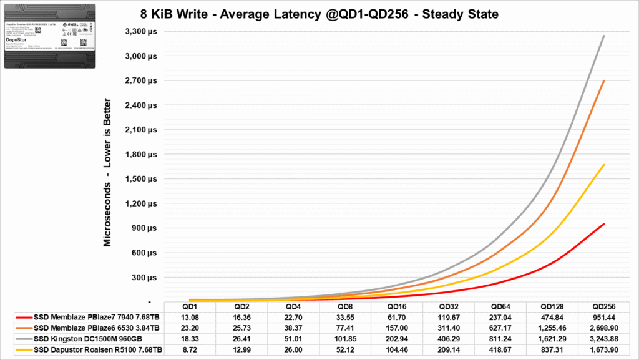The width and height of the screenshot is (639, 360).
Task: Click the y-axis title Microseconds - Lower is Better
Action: point(108,172)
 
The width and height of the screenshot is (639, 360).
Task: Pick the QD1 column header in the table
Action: point(190,307)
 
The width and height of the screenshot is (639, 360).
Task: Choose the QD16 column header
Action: point(396,307)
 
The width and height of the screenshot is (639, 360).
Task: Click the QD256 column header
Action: point(603,307)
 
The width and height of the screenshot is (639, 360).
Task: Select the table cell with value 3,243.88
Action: point(603,337)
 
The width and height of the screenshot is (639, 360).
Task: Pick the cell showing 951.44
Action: point(603,317)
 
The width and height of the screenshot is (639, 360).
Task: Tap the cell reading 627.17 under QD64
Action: point(500,327)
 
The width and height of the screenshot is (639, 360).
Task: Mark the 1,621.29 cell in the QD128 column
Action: point(552,337)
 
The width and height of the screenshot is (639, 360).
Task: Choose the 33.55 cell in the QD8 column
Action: point(344,317)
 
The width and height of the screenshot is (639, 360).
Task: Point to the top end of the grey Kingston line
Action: point(603,36)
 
